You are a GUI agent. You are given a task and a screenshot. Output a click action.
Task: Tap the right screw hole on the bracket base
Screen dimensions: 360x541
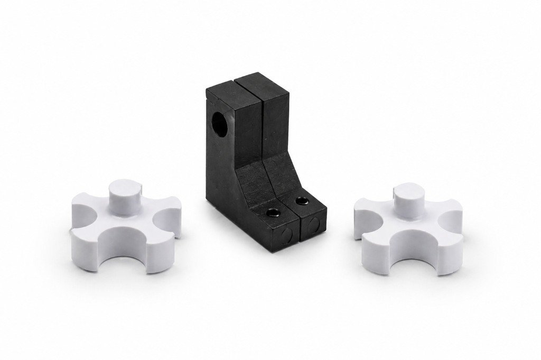click(x=302, y=201)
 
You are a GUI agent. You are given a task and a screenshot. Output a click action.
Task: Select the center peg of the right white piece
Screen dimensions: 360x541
click(x=407, y=197)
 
